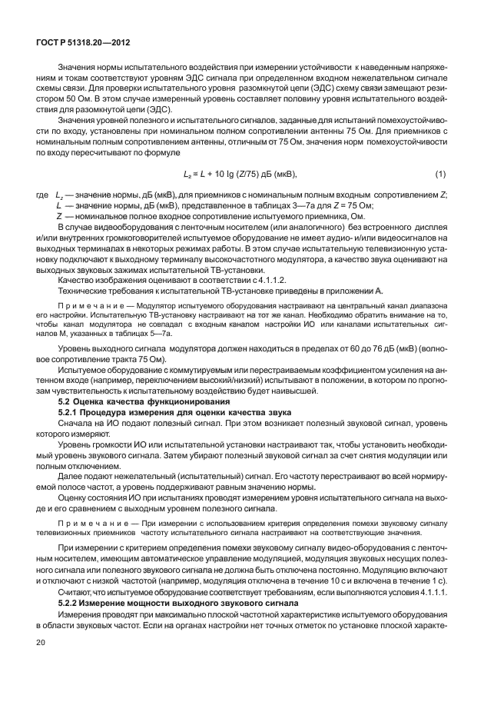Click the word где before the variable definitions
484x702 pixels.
(x=42, y=195)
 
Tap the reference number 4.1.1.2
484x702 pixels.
(x=230, y=280)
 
